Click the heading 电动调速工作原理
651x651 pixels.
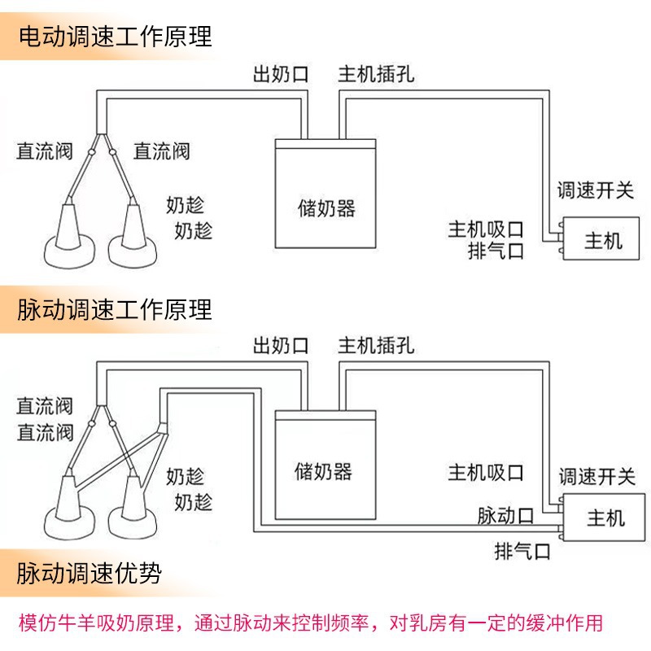(x=115, y=37)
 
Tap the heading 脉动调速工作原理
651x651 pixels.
(x=115, y=309)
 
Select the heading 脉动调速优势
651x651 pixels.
(x=90, y=574)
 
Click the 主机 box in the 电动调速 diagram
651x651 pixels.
(x=603, y=242)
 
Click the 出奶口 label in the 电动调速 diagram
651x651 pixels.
(x=281, y=76)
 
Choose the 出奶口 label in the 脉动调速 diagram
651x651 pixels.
(x=281, y=345)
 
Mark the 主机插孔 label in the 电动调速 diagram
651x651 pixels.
(x=376, y=76)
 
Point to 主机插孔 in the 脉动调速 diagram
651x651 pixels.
(x=376, y=345)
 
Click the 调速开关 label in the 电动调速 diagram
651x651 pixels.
(x=595, y=191)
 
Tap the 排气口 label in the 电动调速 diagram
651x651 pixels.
(x=496, y=251)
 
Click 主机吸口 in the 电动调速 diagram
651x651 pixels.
(x=485, y=229)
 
